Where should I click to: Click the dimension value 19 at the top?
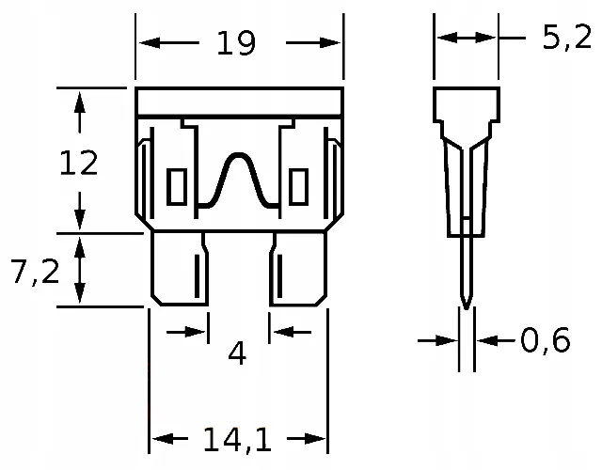(235, 42)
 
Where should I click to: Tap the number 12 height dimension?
(78, 164)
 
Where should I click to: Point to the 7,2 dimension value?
(35, 272)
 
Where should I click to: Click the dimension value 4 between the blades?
(237, 353)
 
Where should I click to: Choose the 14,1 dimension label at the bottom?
(236, 439)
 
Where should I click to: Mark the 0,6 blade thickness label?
(545, 340)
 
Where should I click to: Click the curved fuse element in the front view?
(238, 179)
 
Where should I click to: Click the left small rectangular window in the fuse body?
(176, 186)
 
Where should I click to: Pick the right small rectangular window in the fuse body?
(299, 186)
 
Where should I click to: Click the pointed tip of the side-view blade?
(466, 303)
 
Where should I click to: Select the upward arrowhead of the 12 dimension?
(80, 100)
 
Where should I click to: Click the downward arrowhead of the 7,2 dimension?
(80, 295)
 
